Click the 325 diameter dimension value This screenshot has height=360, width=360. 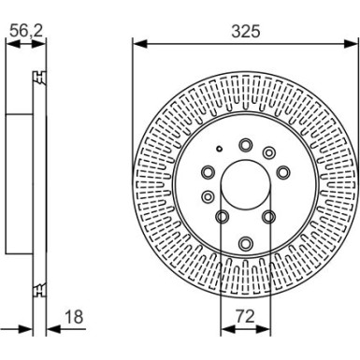(x=244, y=31)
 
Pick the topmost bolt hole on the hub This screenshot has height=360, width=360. (x=245, y=145)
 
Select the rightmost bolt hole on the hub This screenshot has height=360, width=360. (x=282, y=172)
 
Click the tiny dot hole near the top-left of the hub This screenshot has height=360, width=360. (x=217, y=150)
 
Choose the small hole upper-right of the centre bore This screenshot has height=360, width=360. (x=269, y=152)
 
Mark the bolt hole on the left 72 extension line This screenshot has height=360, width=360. (x=222, y=218)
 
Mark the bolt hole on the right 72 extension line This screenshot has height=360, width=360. (x=268, y=217)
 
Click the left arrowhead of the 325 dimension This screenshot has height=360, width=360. (x=137, y=42)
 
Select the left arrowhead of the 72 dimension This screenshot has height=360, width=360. (x=224, y=329)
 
